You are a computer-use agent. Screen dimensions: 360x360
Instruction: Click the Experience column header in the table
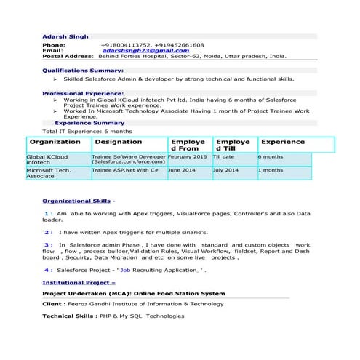tap(283, 143)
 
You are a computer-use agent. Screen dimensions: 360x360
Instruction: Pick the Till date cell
tap(224, 157)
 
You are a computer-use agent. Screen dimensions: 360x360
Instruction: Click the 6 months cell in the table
tap(271, 157)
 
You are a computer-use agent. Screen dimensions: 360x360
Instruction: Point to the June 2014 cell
tap(182, 170)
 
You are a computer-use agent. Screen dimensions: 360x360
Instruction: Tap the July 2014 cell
tap(225, 170)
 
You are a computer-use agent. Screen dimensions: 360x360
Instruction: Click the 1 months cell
tap(271, 170)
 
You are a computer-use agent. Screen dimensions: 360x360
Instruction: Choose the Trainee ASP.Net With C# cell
tap(125, 170)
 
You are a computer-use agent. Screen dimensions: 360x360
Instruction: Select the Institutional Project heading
tap(79, 281)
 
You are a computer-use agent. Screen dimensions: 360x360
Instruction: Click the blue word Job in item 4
tap(125, 269)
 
